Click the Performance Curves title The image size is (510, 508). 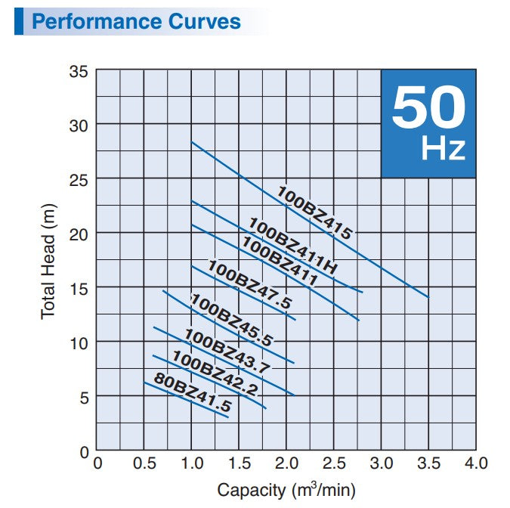pyautogui.click(x=137, y=20)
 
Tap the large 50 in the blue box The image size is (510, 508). pyautogui.click(x=428, y=109)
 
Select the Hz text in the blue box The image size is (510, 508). pyautogui.click(x=444, y=148)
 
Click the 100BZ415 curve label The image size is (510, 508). pyautogui.click(x=314, y=212)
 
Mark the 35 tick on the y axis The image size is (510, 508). pyautogui.click(x=80, y=71)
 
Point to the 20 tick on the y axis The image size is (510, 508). pyautogui.click(x=80, y=234)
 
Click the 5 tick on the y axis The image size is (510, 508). pyautogui.click(x=84, y=397)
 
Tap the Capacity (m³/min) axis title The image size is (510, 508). pyautogui.click(x=286, y=490)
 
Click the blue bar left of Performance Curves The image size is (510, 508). pyautogui.click(x=18, y=20)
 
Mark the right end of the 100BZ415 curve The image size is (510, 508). pyautogui.click(x=429, y=297)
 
